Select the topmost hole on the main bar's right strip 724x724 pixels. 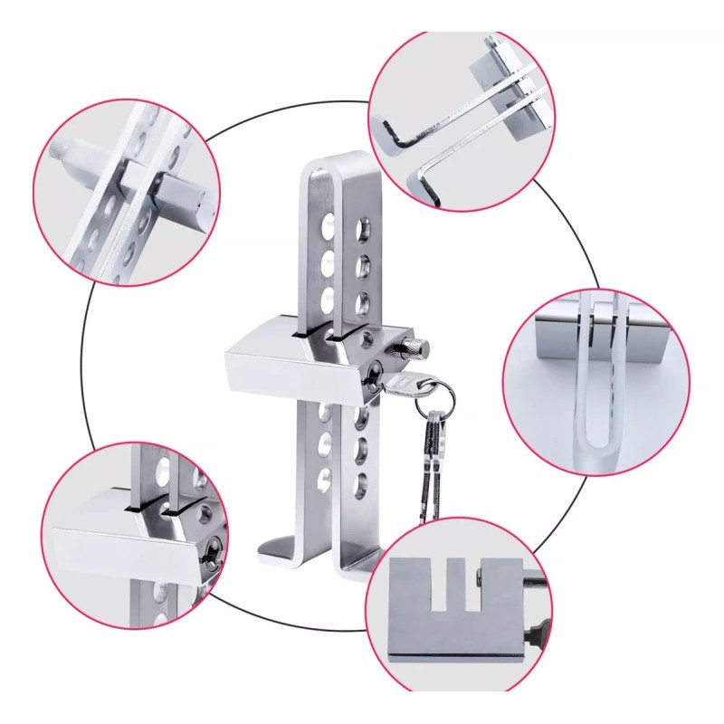click(366, 224)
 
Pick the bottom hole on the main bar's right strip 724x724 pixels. click(360, 481)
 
